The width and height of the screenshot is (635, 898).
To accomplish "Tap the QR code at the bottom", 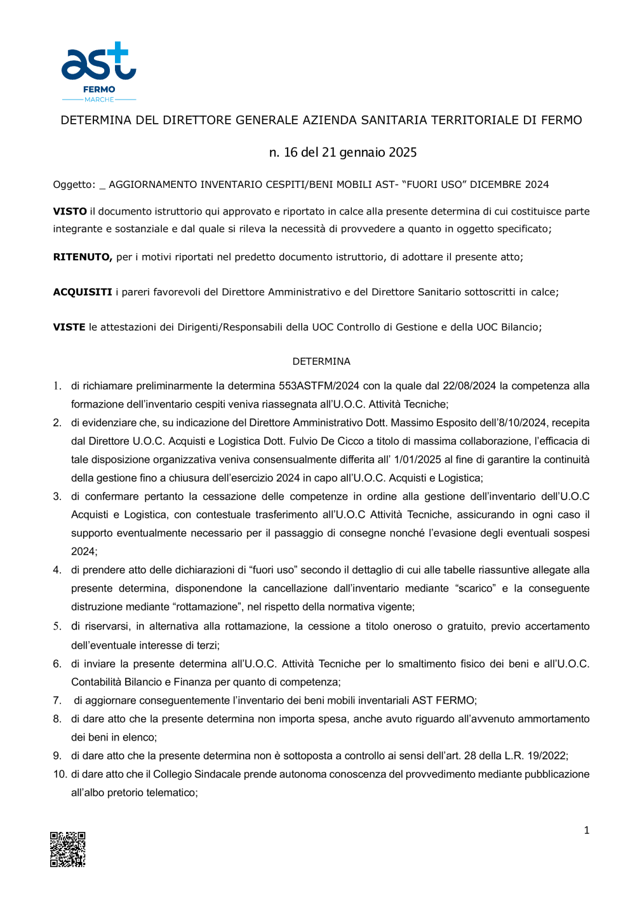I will click(68, 849).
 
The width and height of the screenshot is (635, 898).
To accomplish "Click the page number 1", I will click(586, 830).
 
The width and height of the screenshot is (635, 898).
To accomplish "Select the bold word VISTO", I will click(70, 211).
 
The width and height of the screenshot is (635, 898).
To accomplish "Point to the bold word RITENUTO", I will click(83, 257).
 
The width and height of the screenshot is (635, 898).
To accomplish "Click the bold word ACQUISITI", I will click(83, 292).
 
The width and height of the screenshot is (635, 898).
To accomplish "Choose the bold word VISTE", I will click(69, 327).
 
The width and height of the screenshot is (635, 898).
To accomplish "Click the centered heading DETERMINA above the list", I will click(321, 361).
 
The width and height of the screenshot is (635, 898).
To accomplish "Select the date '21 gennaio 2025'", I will click(369, 152).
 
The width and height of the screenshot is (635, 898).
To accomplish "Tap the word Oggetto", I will click(73, 185).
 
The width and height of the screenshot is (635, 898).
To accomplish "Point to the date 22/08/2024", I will click(469, 386).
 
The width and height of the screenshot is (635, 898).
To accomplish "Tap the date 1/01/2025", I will click(419, 459).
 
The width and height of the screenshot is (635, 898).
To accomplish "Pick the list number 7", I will click(57, 701).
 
